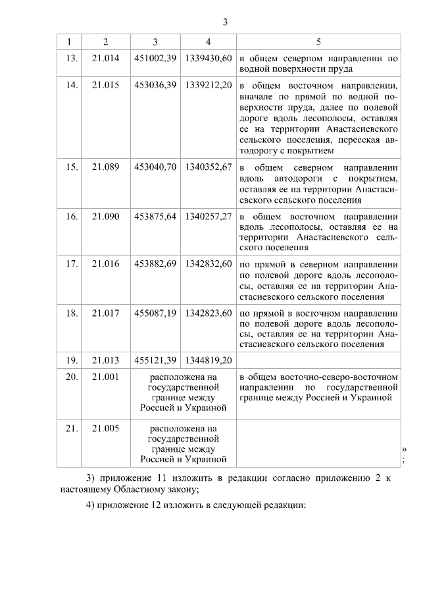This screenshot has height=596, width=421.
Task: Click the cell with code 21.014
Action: [x=106, y=58]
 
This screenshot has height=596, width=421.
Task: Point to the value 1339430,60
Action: [x=209, y=58]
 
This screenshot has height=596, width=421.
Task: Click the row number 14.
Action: [x=72, y=86]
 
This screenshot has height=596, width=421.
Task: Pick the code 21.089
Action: [x=106, y=167]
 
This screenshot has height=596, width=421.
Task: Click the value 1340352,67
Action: [x=209, y=167]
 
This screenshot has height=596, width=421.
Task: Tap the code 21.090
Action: [x=106, y=216]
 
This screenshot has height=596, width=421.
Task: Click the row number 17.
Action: [x=72, y=264]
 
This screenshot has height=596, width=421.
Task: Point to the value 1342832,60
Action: [x=209, y=264]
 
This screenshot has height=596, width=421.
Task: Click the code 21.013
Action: [x=106, y=360]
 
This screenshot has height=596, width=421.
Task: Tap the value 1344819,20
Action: [x=209, y=360]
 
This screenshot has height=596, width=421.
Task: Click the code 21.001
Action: [x=106, y=377]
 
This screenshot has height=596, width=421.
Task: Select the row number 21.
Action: [x=72, y=428]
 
